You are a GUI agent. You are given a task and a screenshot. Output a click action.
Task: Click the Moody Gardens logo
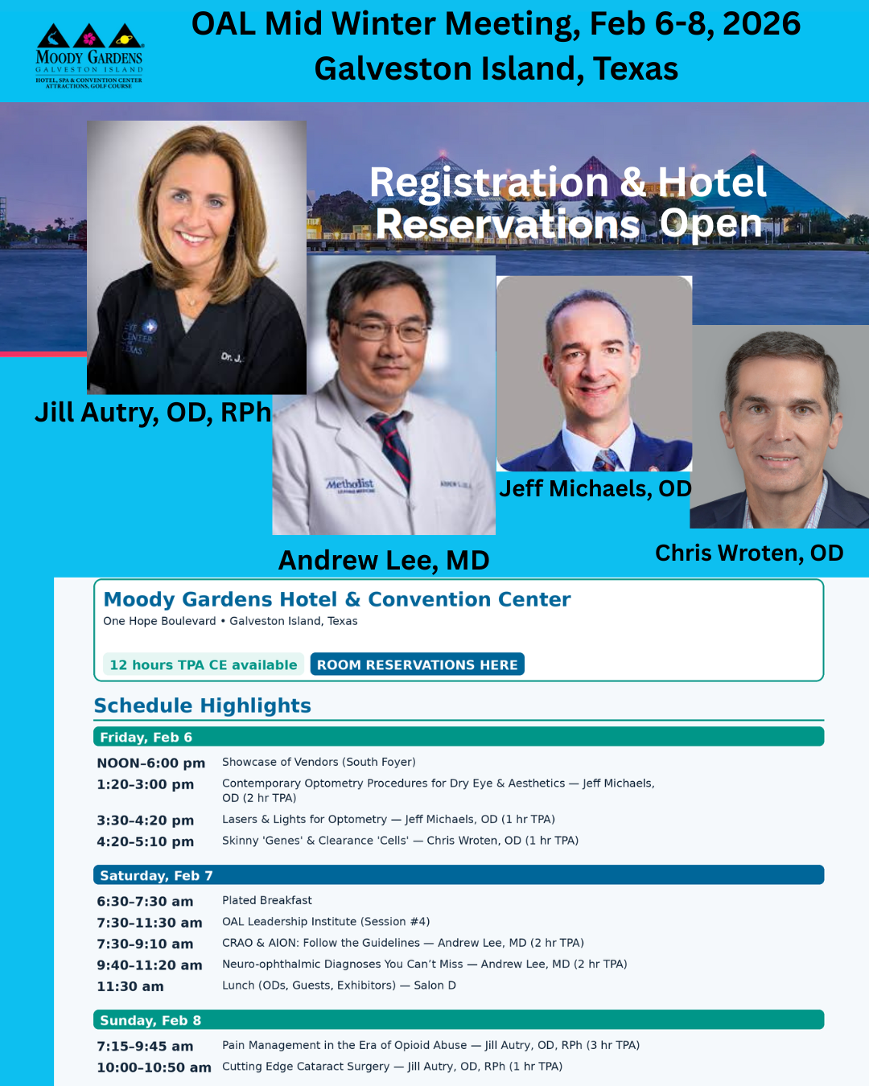coord(89,56)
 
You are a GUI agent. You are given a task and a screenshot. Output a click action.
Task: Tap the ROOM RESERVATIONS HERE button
coord(417,664)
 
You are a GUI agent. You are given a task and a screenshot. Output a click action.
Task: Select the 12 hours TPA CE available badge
coord(203,664)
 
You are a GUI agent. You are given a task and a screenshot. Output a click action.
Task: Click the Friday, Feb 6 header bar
coord(459,737)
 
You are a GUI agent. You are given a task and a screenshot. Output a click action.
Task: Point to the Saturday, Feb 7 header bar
coord(459,875)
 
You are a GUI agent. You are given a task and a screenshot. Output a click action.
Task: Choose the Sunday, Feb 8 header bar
coord(459,1020)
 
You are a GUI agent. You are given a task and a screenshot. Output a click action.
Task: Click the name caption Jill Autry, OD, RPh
coord(153,413)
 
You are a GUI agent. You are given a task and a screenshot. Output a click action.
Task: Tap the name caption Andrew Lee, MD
coord(384,561)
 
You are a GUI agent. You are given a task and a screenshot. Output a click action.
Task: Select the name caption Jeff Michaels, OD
coord(595,488)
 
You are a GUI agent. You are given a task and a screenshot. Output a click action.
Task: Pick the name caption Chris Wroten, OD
coord(749,553)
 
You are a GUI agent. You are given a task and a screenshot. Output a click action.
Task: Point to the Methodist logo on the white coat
coord(350,485)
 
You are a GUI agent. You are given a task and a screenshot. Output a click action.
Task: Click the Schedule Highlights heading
coord(203,705)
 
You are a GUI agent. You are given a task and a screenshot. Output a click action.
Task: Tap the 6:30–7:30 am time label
coord(145,901)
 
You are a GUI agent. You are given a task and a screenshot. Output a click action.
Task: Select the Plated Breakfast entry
coord(266,900)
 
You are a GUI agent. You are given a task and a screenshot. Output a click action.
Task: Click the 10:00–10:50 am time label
coord(154,1067)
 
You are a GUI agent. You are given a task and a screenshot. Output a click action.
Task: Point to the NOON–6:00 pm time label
coord(151,763)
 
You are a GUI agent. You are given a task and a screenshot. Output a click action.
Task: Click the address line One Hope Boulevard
coord(159,621)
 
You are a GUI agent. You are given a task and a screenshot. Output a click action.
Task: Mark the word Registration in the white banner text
coord(488,183)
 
